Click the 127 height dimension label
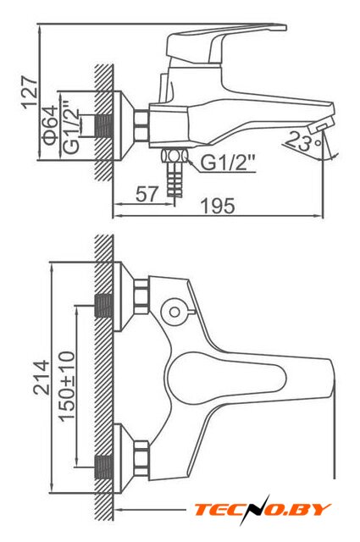tap(30, 92)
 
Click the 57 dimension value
tap(147, 194)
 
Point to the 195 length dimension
tap(218, 206)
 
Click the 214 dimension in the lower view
tap(42, 378)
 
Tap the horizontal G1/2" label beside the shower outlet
tap(228, 162)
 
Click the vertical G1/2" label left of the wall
tap(71, 127)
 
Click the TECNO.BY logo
tap(262, 510)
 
